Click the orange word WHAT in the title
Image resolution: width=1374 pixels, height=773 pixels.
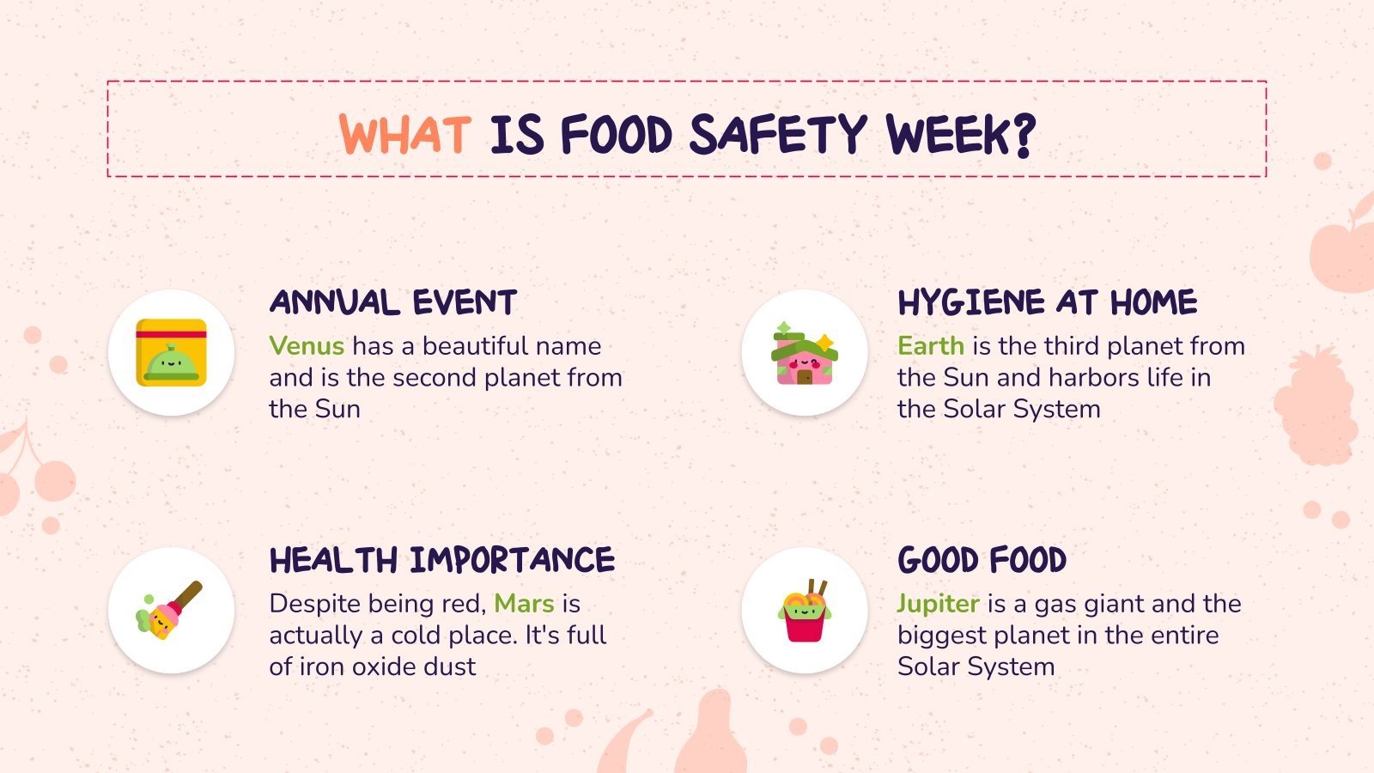tap(404, 134)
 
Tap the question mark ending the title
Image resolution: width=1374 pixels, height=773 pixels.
tap(1024, 136)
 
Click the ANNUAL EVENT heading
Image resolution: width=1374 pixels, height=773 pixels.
tap(393, 302)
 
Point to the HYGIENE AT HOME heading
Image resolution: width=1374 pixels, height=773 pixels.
tap(1047, 302)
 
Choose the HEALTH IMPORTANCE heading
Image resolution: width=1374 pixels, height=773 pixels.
tap(442, 560)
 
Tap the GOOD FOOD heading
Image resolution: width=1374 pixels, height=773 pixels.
tap(982, 560)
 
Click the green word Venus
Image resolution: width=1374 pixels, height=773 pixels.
tap(307, 346)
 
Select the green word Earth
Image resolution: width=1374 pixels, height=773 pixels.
tap(930, 346)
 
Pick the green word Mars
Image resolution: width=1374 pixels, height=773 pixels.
tap(524, 604)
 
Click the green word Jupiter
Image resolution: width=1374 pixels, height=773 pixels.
tap(938, 604)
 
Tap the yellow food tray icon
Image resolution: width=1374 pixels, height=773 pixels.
tap(171, 353)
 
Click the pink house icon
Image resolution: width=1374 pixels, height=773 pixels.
tap(805, 353)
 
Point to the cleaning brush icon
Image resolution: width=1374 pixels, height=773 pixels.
tap(171, 611)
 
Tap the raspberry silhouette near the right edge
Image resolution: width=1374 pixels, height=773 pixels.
tap(1318, 404)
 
